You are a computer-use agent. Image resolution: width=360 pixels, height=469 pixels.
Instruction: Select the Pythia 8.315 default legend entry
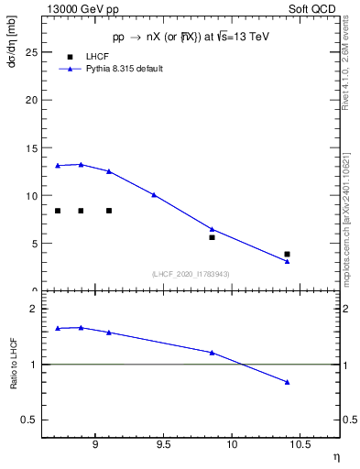(x=124, y=69)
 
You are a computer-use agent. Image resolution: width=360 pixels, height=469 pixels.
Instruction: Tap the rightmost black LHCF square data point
(x=287, y=254)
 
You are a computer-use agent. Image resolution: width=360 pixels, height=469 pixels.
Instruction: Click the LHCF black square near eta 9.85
(x=212, y=237)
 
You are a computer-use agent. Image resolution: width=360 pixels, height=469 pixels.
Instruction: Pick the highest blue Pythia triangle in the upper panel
(x=81, y=165)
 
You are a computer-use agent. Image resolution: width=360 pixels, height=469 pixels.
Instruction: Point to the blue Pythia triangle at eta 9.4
(x=154, y=194)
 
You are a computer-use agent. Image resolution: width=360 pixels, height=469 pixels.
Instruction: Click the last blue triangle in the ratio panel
(x=287, y=382)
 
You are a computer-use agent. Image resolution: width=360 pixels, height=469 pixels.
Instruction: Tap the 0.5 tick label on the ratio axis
(x=31, y=420)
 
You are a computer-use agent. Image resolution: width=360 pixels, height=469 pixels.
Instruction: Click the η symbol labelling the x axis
(x=336, y=456)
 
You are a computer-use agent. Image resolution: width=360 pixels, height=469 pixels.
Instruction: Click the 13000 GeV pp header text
(x=78, y=7)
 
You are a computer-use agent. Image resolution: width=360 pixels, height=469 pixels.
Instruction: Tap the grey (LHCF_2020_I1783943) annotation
(x=190, y=274)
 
